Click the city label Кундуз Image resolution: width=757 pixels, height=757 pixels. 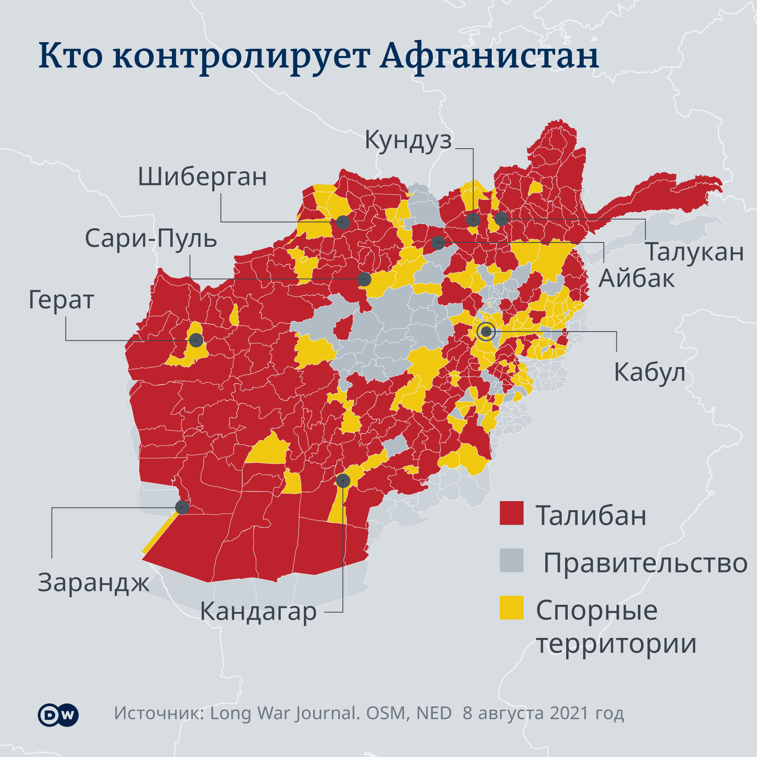pyautogui.click(x=408, y=140)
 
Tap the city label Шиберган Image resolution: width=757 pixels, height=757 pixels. pyautogui.click(x=202, y=177)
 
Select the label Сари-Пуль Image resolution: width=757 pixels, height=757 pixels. pyautogui.click(x=151, y=239)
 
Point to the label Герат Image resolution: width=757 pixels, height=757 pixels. pyautogui.click(x=62, y=300)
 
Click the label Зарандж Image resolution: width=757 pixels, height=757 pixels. pyautogui.click(x=93, y=583)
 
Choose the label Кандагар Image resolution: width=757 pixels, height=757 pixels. pyautogui.click(x=258, y=612)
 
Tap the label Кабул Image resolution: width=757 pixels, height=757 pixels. pyautogui.click(x=649, y=372)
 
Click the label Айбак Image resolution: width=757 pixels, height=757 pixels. pyautogui.click(x=636, y=279)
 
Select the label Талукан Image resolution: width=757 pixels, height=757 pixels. pyautogui.click(x=695, y=252)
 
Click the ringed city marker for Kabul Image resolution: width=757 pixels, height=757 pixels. pyautogui.click(x=486, y=332)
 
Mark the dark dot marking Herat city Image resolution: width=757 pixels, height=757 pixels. pyautogui.click(x=196, y=340)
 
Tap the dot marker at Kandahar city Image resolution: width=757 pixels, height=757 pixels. pyautogui.click(x=343, y=481)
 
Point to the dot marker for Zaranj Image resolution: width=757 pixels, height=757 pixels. pyautogui.click(x=182, y=507)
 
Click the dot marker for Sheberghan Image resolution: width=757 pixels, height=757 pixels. pyautogui.click(x=343, y=222)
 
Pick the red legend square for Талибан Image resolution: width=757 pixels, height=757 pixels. pyautogui.click(x=511, y=513)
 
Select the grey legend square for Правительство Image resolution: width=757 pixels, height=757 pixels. pyautogui.click(x=511, y=560)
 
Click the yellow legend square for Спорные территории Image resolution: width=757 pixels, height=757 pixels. pyautogui.click(x=511, y=608)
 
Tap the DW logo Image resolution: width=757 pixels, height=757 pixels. pyautogui.click(x=58, y=715)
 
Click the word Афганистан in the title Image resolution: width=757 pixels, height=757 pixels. pyautogui.click(x=489, y=56)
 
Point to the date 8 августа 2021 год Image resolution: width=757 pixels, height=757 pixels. pyautogui.click(x=543, y=713)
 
